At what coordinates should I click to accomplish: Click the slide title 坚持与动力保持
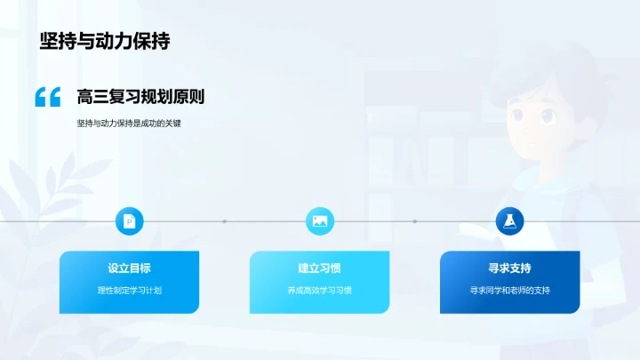coord(105,41)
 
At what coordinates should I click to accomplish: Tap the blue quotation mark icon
coord(48,98)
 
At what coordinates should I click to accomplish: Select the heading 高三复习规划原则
coord(141,97)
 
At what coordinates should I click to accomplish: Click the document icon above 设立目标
coord(130,221)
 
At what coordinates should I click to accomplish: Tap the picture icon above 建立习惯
coord(320,221)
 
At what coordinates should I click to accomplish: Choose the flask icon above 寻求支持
coord(510,221)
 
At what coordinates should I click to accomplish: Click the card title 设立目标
coord(130,268)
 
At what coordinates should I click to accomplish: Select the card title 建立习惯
coord(320,268)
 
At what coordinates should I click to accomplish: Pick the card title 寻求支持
coord(510,268)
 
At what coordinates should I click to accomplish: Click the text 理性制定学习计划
coord(130,290)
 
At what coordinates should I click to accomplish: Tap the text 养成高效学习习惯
coord(320,290)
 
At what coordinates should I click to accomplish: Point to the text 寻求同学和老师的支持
coord(510,290)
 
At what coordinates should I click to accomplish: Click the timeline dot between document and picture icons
coord(225,221)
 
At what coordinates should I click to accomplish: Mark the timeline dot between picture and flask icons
coord(415,221)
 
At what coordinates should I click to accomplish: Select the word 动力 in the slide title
coord(113,41)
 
